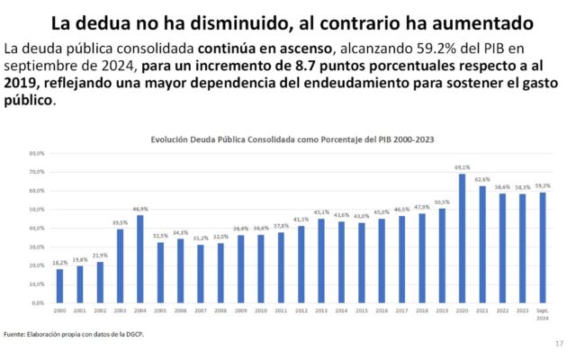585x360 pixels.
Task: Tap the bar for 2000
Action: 59,285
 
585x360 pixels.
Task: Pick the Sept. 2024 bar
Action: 543,247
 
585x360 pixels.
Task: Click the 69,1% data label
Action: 463,167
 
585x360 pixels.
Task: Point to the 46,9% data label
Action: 139,209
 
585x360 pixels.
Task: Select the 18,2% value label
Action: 59,263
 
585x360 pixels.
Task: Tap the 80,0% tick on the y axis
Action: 37,153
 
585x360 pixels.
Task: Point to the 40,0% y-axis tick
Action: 37,228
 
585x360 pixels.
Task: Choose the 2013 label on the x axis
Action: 321,311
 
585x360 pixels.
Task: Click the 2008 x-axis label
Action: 220,311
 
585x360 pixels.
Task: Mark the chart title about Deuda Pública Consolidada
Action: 293,139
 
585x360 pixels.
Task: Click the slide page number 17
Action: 559,344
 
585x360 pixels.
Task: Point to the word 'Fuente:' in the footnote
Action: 15,335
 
